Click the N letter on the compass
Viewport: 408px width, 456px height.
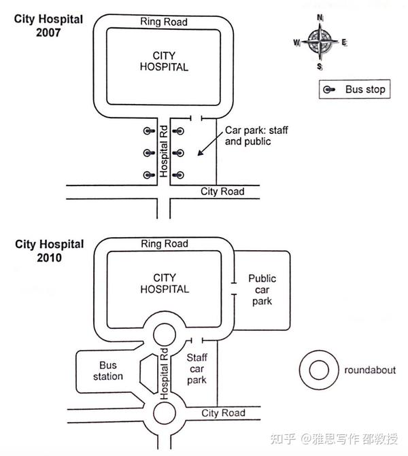pos(320,18)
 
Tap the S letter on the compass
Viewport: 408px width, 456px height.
pos(320,67)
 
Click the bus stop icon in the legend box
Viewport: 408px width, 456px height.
pos(329,90)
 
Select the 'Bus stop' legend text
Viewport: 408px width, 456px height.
pos(365,89)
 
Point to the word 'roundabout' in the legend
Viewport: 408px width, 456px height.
pos(370,370)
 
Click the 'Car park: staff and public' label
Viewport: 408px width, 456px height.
pos(256,136)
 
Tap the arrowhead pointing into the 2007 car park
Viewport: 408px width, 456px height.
pos(200,153)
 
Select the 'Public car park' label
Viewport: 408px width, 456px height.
pos(262,290)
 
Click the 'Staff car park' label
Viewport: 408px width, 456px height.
pos(197,368)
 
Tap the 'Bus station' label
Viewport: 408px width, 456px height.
pos(108,370)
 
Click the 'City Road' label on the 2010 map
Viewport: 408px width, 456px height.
pos(223,413)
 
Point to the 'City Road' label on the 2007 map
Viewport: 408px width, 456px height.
pos(222,192)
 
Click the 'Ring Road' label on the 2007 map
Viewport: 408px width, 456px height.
pos(164,22)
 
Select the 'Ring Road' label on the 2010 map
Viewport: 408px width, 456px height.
pos(165,244)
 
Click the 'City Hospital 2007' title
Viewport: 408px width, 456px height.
pos(48,26)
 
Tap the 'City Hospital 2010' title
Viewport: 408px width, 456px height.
pos(50,251)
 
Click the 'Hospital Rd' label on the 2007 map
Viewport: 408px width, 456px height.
pos(164,152)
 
